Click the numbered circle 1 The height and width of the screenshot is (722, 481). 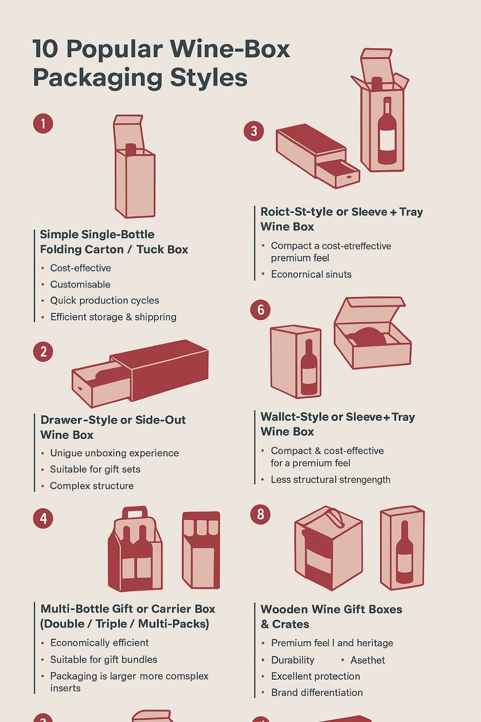click(x=43, y=124)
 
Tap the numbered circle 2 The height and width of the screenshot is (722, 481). click(x=43, y=352)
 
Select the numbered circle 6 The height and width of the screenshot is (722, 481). click(x=260, y=309)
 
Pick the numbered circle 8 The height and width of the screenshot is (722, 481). click(x=260, y=514)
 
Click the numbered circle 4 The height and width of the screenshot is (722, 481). click(x=43, y=518)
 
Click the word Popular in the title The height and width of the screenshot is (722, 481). click(x=114, y=49)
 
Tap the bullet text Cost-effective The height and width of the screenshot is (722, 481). click(x=80, y=268)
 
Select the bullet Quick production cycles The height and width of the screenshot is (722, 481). click(x=104, y=300)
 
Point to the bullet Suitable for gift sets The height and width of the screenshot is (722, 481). click(x=95, y=469)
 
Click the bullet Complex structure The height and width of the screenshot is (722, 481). click(x=91, y=486)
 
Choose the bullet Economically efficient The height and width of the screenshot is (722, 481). click(x=99, y=643)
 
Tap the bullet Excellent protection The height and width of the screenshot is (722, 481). click(x=315, y=676)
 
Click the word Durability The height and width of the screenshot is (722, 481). click(x=292, y=660)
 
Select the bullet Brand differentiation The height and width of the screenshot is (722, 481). click(x=316, y=693)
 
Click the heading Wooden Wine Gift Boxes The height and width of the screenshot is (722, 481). click(x=331, y=609)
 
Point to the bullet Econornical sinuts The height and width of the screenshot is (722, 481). click(x=311, y=274)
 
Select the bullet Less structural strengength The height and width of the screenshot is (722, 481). click(x=330, y=479)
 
